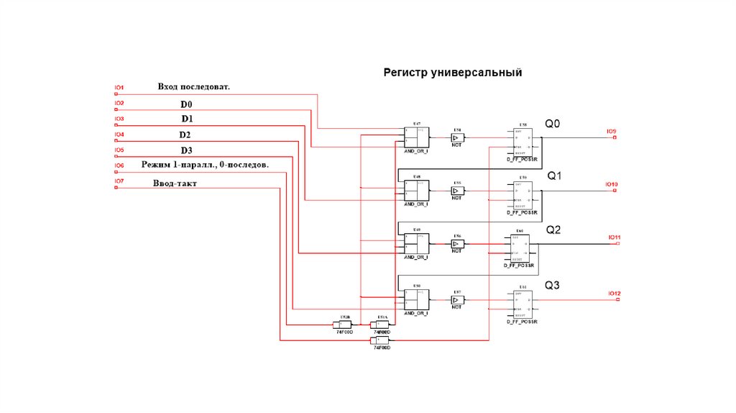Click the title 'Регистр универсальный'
coord(452,73)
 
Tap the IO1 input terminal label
coord(119,88)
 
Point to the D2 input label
coord(185,135)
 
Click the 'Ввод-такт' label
coord(175,183)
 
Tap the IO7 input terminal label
coord(119,181)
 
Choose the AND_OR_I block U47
coord(416,136)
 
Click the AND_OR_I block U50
coord(416,299)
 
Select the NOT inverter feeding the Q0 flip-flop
coord(457,137)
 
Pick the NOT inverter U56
coord(457,244)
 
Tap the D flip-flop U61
coord(523,304)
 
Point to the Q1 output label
coord(555,176)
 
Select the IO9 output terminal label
coord(611,132)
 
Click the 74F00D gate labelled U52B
coord(345,324)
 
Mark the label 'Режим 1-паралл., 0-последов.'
coord(206,165)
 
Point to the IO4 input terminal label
coord(119,135)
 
